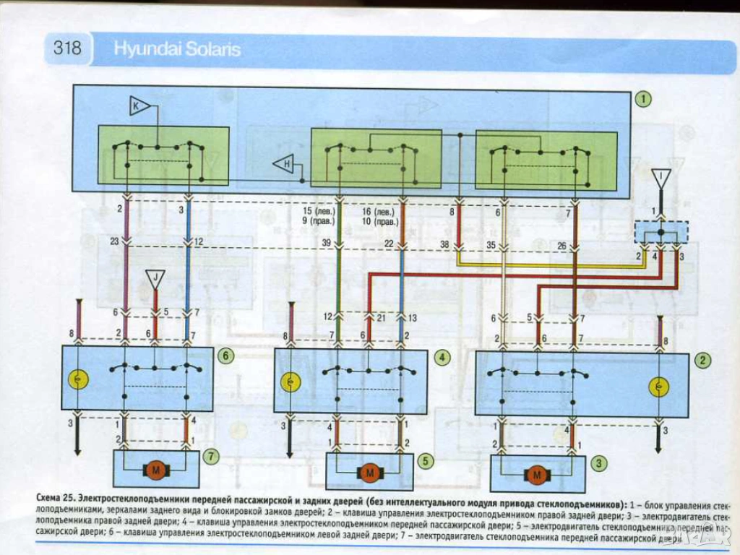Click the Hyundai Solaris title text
177,51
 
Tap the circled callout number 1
643,99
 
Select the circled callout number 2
701,359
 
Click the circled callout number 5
426,460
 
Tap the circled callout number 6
225,356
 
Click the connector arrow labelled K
138,107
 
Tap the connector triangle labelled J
155,278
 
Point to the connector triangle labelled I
660,177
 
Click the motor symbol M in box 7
156,470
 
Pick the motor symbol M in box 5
369,474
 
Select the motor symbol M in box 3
536,475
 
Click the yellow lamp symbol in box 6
76,379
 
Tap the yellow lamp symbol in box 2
659,388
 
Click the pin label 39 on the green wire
327,244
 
